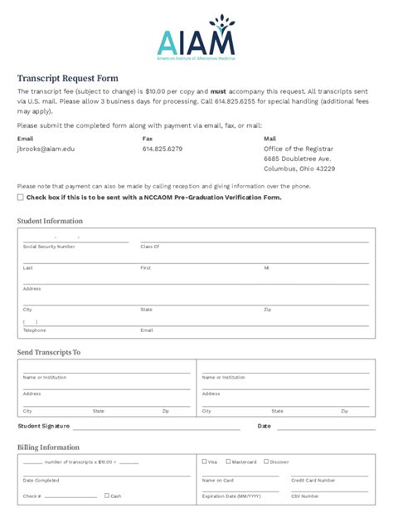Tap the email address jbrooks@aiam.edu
[46, 149]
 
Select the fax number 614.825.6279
[163, 149]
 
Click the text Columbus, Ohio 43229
[299, 169]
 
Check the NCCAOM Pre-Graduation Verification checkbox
[21, 198]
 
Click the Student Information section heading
[50, 221]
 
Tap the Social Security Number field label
[49, 247]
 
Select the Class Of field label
[150, 247]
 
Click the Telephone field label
[35, 330]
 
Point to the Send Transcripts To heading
[49, 352]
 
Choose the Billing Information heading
[48, 447]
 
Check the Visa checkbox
[205, 462]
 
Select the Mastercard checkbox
[229, 462]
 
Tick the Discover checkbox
[266, 462]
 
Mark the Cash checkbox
[107, 496]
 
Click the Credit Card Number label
[313, 480]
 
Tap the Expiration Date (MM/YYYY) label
[231, 496]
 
